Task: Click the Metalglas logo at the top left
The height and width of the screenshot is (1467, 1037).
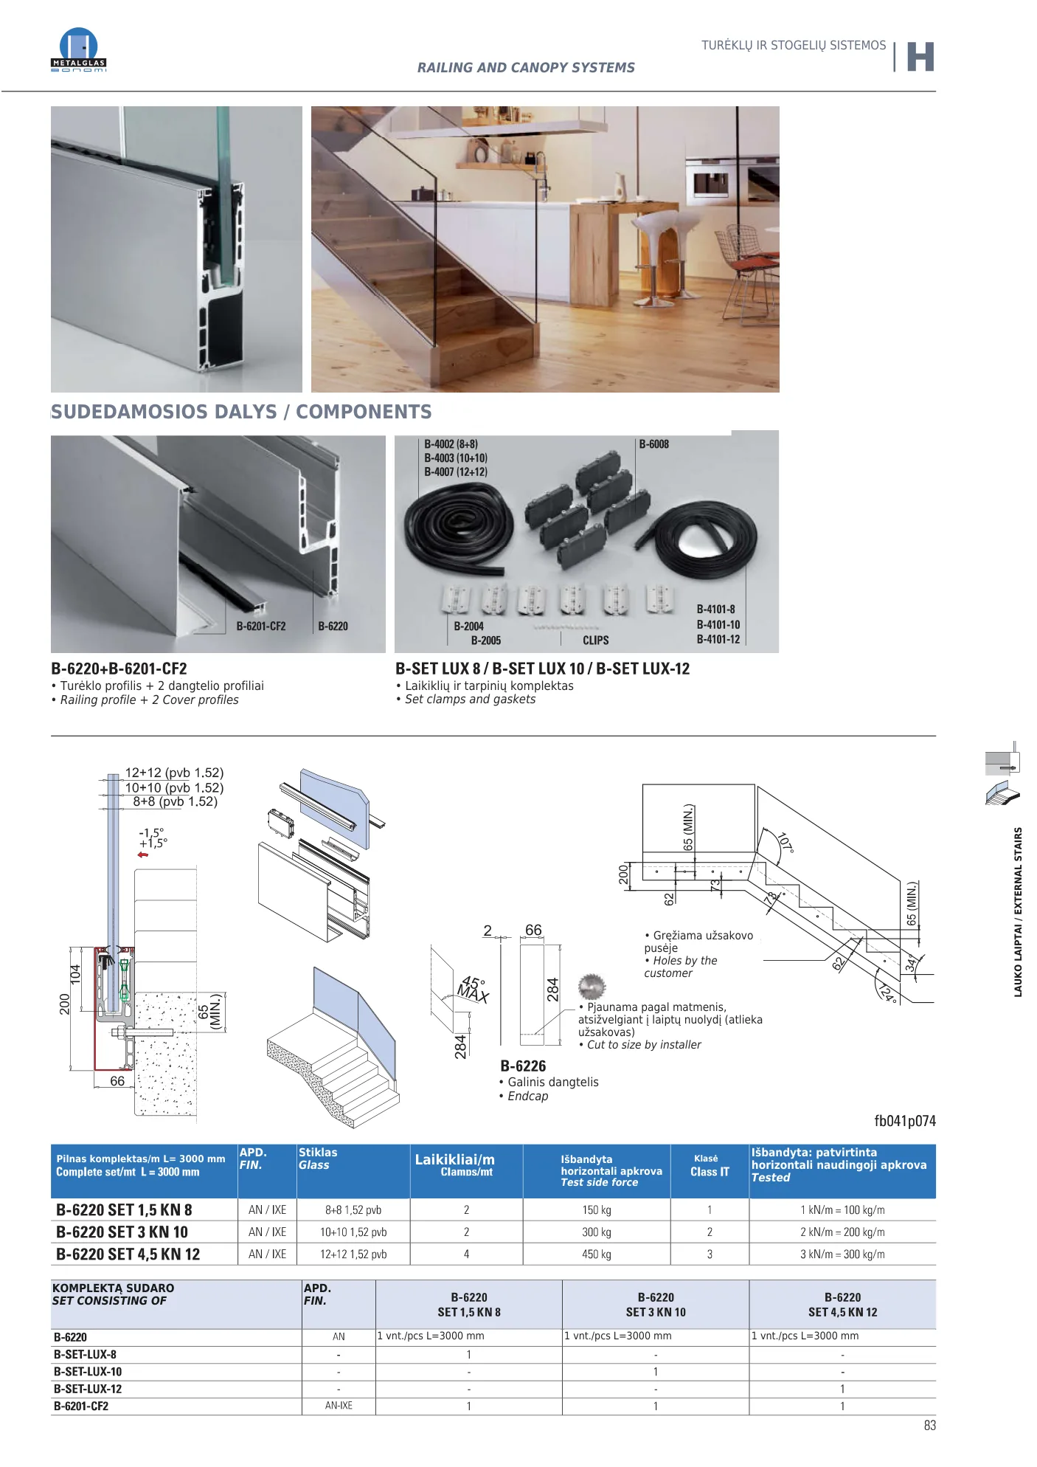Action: tap(78, 49)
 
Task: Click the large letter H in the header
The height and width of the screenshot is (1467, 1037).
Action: tap(920, 57)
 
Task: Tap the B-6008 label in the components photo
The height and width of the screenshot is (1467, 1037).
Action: tap(653, 444)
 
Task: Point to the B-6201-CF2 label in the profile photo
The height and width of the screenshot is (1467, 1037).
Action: tap(261, 626)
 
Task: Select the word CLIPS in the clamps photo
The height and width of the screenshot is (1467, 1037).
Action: tap(596, 641)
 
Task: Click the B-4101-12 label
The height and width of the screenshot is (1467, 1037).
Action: tap(718, 639)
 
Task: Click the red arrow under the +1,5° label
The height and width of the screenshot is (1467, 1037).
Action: tap(143, 855)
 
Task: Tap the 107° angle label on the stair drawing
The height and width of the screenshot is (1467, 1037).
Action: tap(786, 842)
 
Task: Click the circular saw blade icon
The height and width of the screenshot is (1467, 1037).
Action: tap(592, 987)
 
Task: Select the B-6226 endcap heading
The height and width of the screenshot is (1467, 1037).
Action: tap(523, 1066)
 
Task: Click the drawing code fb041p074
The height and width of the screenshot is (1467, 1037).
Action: tap(905, 1121)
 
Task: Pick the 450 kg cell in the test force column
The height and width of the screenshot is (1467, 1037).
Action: tap(597, 1254)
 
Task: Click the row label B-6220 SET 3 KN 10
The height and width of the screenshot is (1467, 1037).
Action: tap(122, 1232)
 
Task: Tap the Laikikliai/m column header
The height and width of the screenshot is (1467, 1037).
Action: tap(454, 1159)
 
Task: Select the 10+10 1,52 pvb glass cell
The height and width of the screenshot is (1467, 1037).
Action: tap(353, 1232)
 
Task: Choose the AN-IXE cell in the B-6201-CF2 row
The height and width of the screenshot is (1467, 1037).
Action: tap(339, 1406)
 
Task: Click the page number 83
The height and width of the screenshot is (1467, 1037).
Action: tap(929, 1426)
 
